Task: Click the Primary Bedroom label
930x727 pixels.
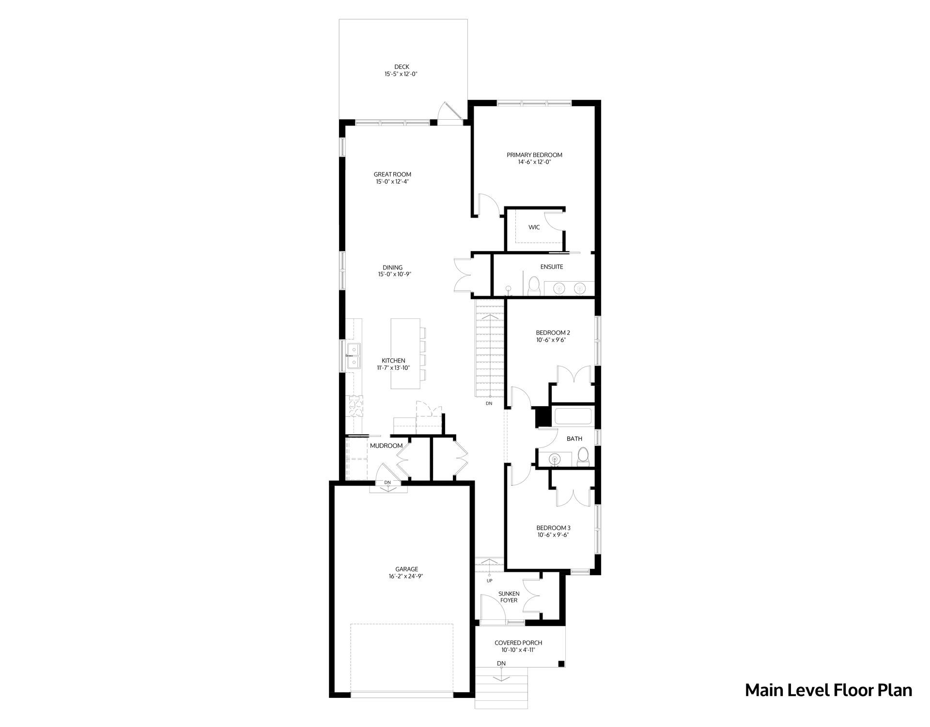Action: (534, 155)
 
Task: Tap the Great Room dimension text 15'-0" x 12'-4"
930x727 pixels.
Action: (392, 182)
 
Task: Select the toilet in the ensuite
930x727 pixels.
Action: (533, 285)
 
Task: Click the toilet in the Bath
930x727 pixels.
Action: (583, 457)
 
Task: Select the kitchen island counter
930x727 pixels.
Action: (405, 353)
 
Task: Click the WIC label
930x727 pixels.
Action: (534, 227)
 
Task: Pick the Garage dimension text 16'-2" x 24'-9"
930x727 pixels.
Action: (403, 577)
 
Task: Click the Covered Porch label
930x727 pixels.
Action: (518, 643)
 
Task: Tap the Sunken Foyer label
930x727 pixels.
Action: (509, 597)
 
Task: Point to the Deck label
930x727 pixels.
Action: (402, 67)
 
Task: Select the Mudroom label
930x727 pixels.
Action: (386, 446)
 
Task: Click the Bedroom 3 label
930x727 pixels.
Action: (553, 528)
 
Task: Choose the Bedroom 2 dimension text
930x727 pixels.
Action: (551, 340)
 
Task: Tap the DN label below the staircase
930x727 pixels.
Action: (489, 403)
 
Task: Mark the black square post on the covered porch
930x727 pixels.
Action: (561, 664)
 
